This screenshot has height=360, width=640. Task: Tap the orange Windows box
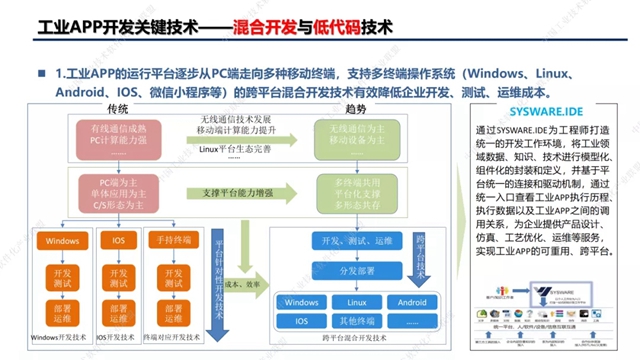click(62, 241)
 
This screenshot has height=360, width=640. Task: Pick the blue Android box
click(412, 302)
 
